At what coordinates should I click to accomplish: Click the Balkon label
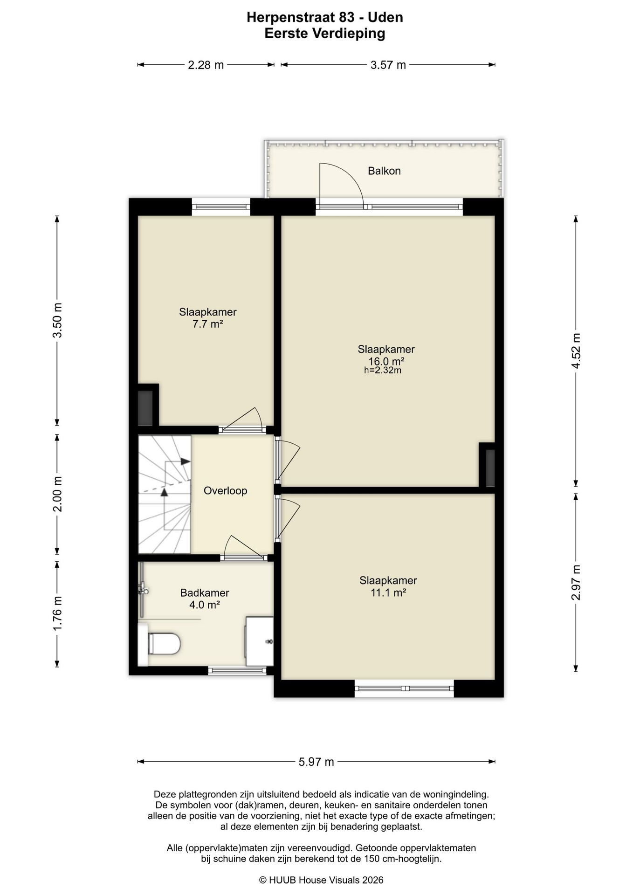384,171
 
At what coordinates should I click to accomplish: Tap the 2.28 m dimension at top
206,65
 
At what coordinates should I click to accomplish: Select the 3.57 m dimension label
388,65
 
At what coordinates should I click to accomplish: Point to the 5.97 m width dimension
316,762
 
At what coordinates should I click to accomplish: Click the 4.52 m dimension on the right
576,351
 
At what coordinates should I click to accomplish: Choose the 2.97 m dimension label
576,582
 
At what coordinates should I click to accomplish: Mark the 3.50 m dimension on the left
57,321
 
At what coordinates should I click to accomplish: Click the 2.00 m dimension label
57,494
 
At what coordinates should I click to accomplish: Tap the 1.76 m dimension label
57,613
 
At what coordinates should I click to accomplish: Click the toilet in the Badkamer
160,643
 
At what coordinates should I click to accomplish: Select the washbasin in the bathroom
260,641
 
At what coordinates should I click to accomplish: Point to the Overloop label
225,491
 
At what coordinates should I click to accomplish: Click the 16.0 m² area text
386,361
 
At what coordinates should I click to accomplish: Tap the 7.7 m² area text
207,324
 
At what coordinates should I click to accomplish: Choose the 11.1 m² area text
388,593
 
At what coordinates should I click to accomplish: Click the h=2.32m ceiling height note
383,371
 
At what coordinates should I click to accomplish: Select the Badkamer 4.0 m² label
205,599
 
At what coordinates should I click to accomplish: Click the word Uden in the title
385,18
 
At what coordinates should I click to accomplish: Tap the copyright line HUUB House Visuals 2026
321,880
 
